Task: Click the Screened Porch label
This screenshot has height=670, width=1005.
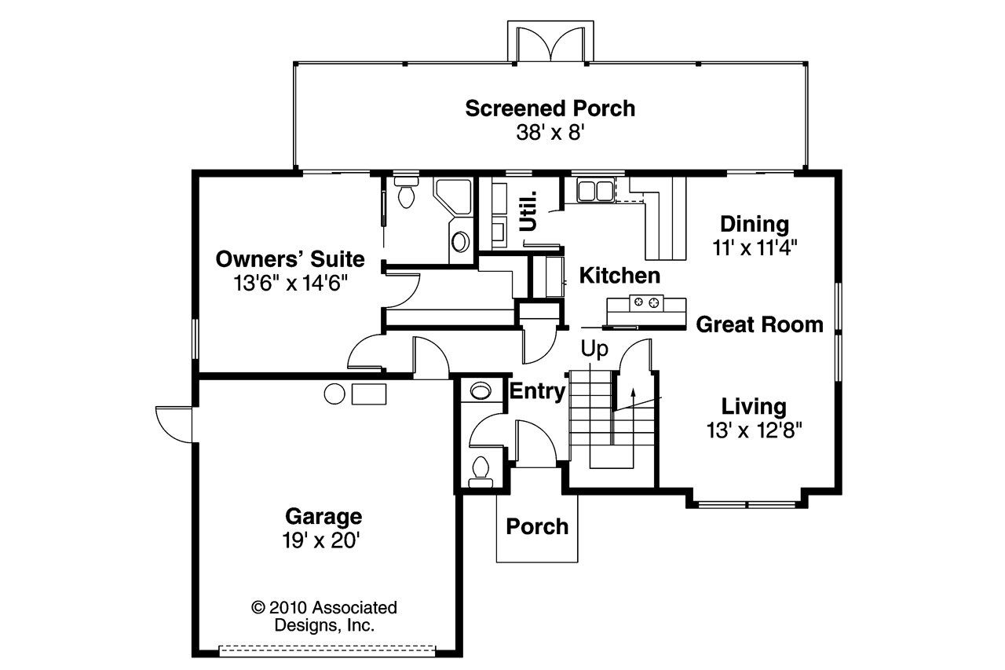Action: point(550,108)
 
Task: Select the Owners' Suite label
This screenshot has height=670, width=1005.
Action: point(290,258)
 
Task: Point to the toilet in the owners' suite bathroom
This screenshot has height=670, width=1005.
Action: point(406,193)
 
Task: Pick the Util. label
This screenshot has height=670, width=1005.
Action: point(528,211)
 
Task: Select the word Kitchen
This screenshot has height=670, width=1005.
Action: point(619,276)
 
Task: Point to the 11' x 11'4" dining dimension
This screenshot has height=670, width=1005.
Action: point(755,248)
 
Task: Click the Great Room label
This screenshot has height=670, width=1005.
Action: point(759,324)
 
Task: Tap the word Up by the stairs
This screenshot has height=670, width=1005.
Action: point(594,347)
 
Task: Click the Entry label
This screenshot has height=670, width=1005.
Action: point(538,391)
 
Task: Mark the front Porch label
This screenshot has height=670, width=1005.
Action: point(537,526)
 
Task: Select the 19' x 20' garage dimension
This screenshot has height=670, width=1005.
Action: point(323,540)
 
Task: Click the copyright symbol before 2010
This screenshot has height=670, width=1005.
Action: point(257,607)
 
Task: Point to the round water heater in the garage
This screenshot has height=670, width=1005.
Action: point(334,394)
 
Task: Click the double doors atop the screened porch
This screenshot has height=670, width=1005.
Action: point(550,43)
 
